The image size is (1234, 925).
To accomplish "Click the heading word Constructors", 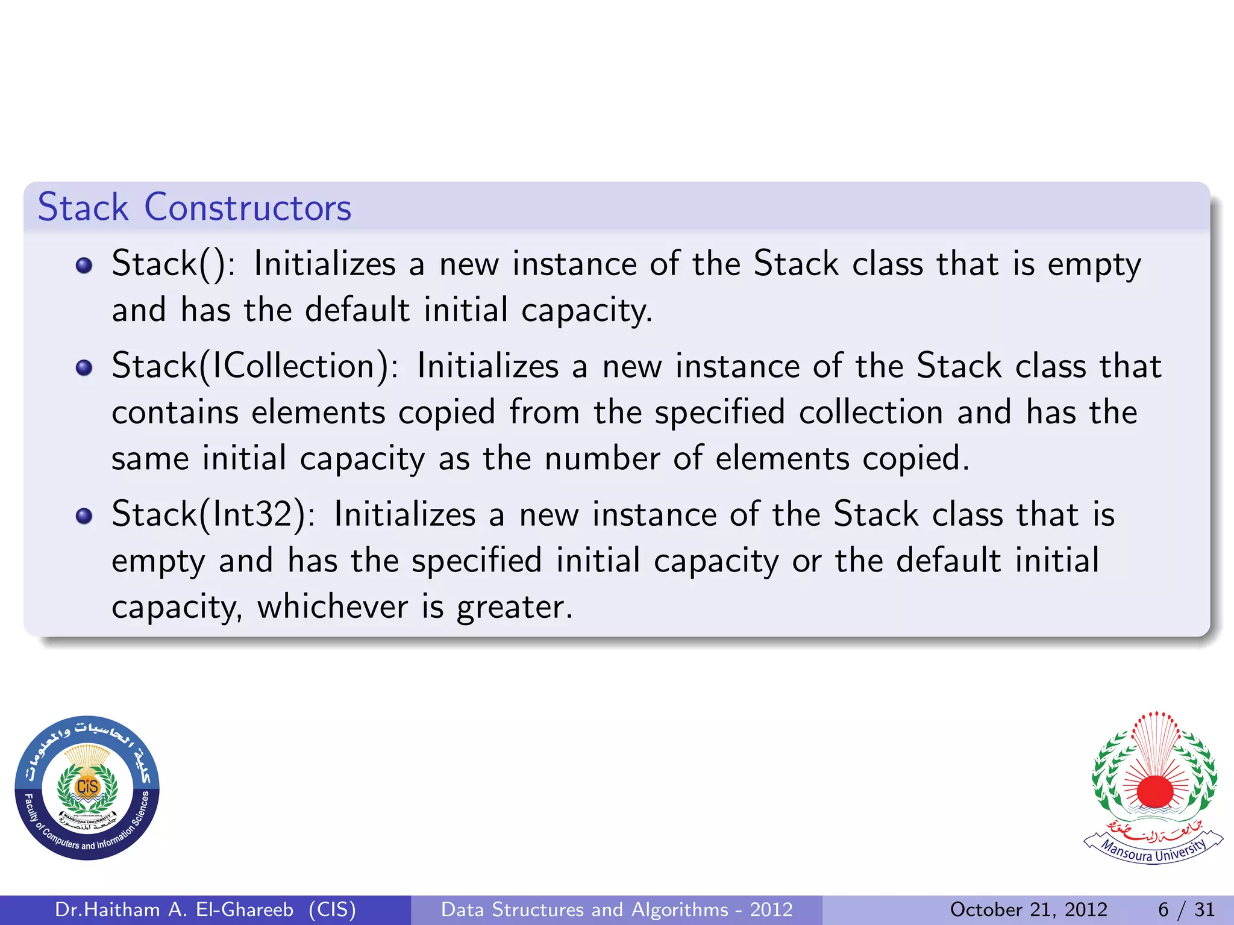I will point(248,207).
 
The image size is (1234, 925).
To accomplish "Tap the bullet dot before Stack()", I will point(84,266).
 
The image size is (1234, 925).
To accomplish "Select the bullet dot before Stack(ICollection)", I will point(84,367).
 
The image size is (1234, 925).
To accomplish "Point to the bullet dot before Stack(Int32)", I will point(84,515).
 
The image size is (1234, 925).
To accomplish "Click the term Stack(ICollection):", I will point(255,366).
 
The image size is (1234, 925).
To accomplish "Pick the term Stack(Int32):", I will point(213,514).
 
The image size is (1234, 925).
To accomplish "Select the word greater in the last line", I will point(514,607).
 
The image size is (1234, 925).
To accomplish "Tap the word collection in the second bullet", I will point(871,413).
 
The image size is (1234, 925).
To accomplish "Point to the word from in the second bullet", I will point(545,413).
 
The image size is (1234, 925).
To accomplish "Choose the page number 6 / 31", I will point(1186,909).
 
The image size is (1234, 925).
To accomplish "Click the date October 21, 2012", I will point(1029,909).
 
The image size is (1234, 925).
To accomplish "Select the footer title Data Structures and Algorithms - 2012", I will point(616,909).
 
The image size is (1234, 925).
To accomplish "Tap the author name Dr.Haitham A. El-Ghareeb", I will point(174,909).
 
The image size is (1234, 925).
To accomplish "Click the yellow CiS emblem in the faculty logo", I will point(87,786).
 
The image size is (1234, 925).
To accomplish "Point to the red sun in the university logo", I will point(1154,791).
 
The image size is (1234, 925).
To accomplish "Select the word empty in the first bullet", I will point(1094,265).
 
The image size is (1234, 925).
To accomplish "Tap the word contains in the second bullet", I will point(175,413).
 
